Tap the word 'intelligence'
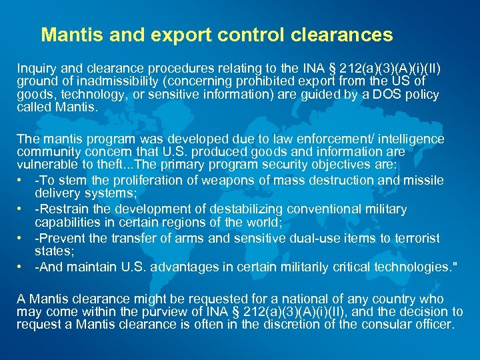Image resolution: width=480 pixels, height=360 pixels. [406, 139]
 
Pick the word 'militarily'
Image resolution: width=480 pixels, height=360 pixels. [324, 267]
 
